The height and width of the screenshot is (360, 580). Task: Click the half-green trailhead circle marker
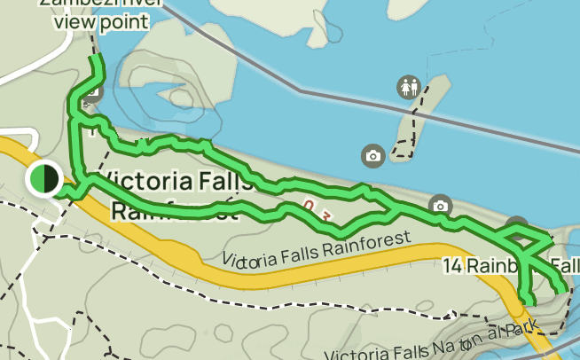(43, 178)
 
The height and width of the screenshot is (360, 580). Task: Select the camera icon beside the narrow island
(373, 156)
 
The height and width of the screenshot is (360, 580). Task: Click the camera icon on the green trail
(440, 207)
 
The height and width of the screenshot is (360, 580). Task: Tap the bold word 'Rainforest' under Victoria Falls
(174, 212)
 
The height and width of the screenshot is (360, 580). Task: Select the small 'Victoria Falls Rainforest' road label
(317, 249)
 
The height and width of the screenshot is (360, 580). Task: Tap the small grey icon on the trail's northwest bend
(94, 91)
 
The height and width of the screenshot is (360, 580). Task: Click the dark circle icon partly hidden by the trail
(517, 225)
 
